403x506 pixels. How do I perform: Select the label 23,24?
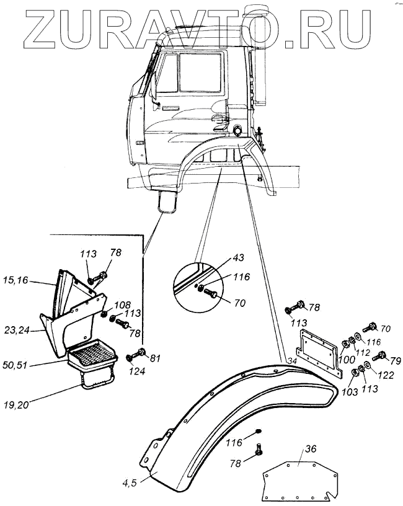tap(21, 331)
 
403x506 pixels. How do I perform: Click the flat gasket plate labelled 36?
tap(298, 481)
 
